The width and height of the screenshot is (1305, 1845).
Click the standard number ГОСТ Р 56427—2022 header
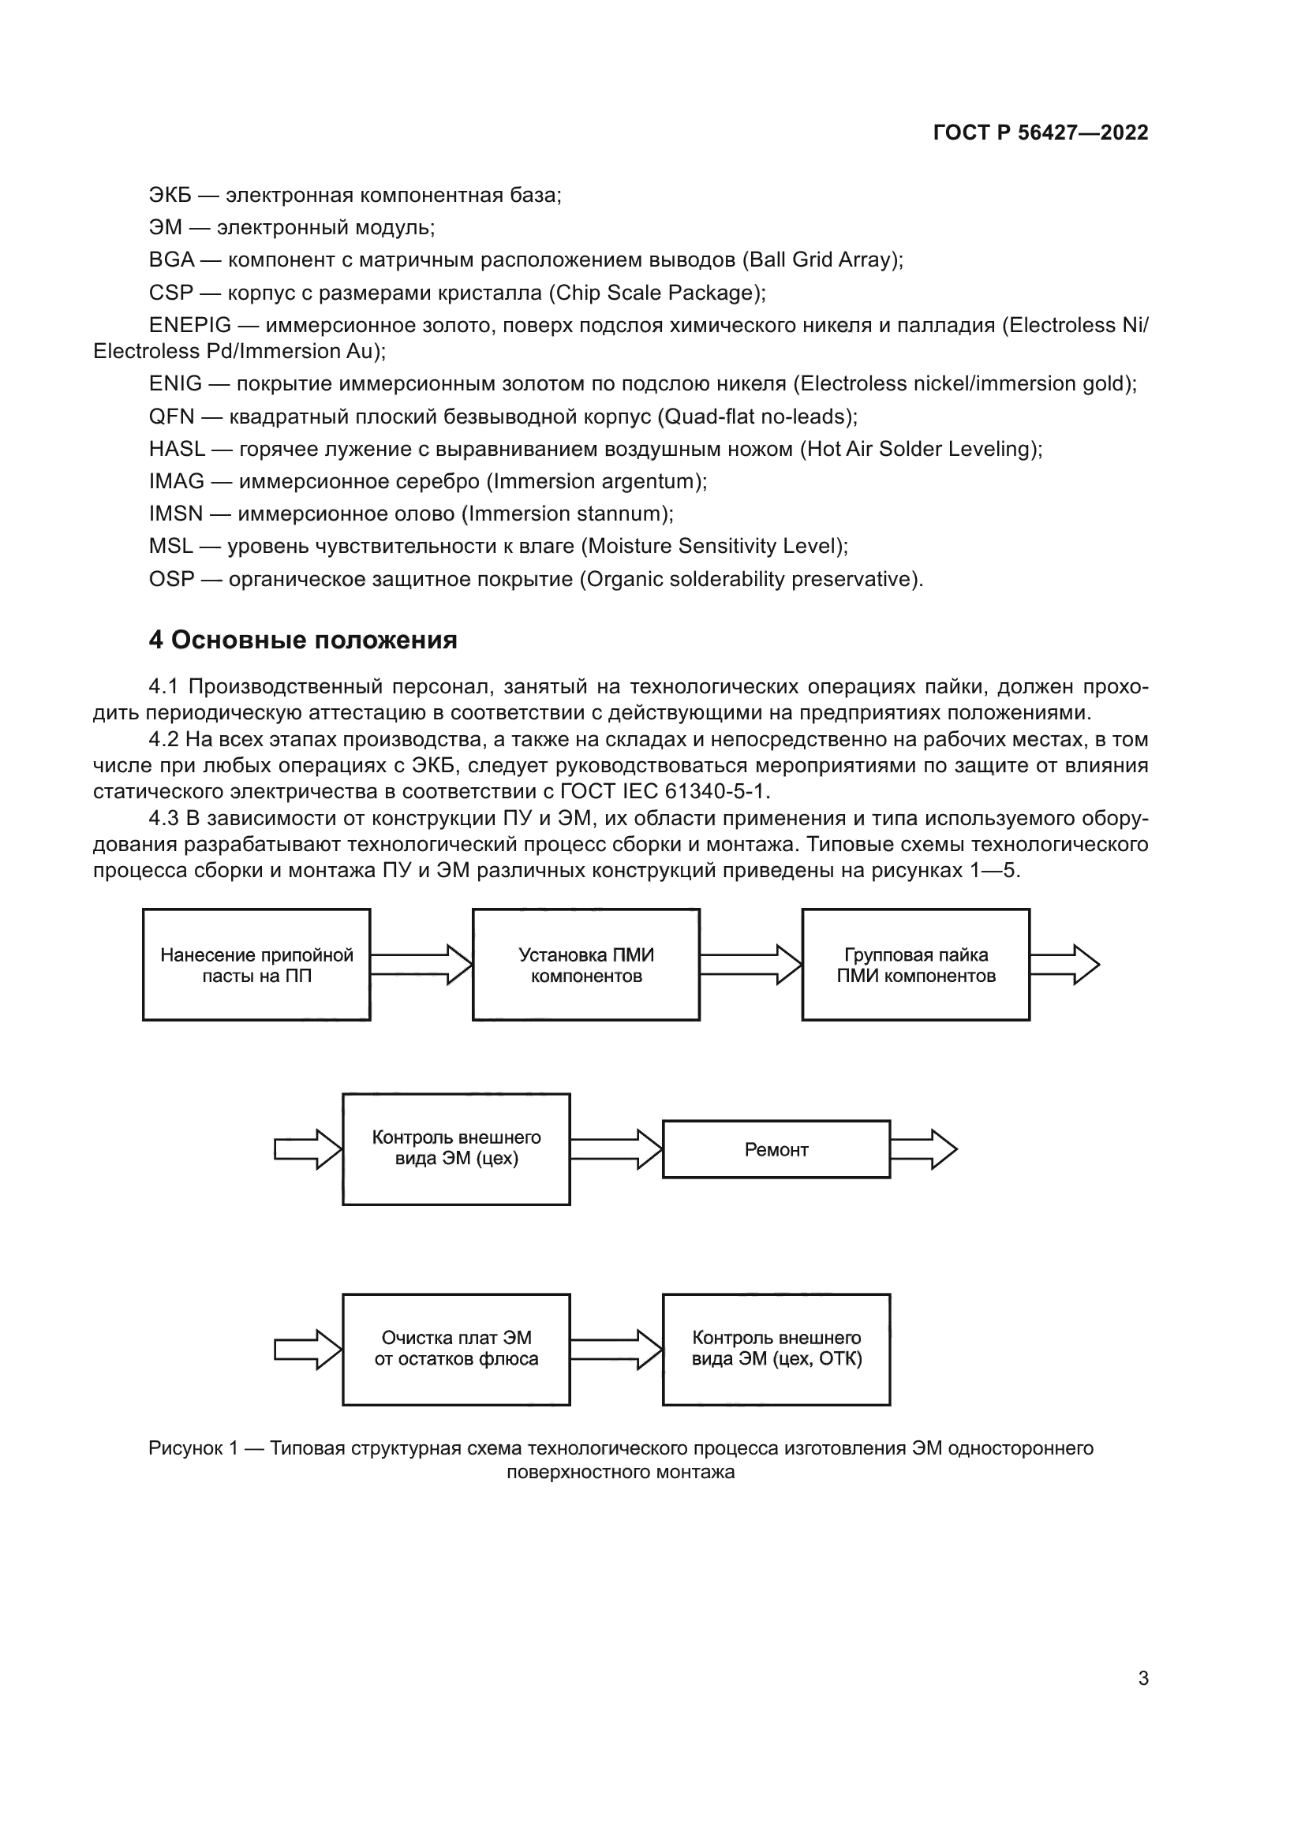(1040, 133)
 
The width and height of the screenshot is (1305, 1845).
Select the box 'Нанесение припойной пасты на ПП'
(256, 965)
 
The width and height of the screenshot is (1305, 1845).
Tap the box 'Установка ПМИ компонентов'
(585, 965)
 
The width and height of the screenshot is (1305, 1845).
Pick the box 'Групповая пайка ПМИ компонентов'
(915, 965)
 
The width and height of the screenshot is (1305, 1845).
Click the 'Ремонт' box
(776, 1150)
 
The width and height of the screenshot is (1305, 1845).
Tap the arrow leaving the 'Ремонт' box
(923, 1150)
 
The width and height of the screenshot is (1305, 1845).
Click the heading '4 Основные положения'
(303, 641)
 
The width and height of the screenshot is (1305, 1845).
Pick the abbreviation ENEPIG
(189, 326)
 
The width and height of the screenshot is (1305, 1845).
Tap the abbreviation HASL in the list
(177, 449)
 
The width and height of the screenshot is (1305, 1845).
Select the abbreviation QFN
(171, 417)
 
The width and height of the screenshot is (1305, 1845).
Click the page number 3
(1142, 1679)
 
